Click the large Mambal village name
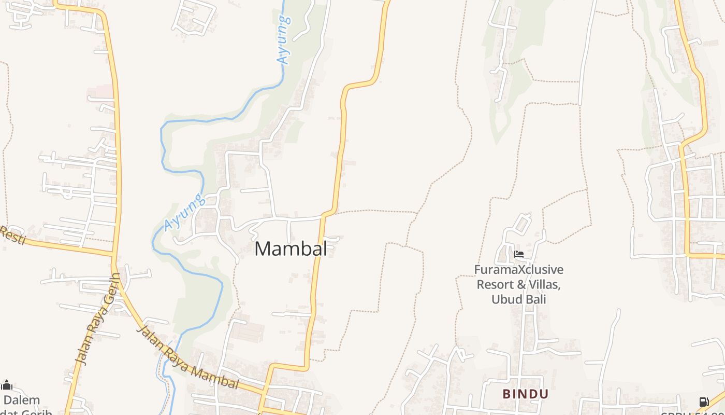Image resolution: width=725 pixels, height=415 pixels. coord(291,248)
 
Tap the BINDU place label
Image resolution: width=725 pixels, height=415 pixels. coord(525,394)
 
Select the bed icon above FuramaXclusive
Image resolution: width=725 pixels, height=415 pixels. coord(519,254)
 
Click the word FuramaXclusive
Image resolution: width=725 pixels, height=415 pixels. coord(519,270)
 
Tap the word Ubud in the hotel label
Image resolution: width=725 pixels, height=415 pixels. coord(504,299)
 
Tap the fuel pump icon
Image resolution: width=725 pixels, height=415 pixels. coord(704,402)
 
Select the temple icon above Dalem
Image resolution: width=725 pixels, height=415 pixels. coord(7,385)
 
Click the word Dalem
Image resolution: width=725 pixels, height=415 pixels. coord(22,400)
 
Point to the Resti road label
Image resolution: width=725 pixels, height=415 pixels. coord(11,235)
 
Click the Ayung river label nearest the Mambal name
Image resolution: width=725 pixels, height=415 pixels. coord(182,212)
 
